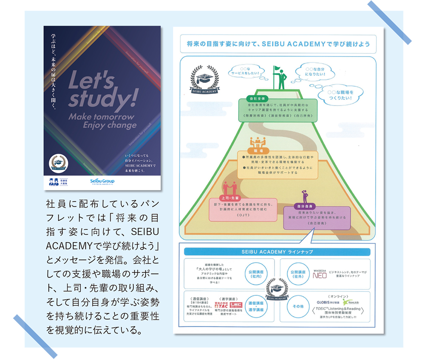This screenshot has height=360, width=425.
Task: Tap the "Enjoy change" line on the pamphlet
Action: click(110, 125)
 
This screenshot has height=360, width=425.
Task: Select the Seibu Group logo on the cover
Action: click(102, 181)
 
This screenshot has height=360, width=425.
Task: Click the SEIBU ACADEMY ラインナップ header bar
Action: click(277, 252)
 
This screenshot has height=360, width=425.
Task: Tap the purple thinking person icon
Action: click(304, 196)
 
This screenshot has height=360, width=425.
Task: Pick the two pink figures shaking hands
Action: click(229, 187)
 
